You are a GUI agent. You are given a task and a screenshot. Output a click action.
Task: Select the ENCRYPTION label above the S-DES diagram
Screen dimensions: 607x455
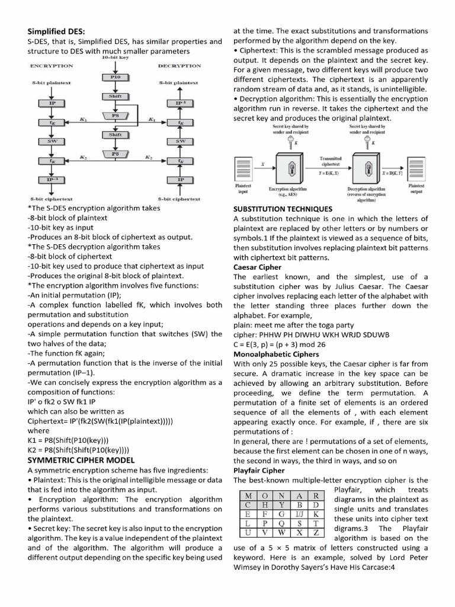pyautogui.click(x=51, y=66)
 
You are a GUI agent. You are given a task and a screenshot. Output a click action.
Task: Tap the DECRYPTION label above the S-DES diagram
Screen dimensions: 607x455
pyautogui.click(x=180, y=66)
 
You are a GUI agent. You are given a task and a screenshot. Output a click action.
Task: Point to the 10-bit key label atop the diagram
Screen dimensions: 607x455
pyautogui.click(x=116, y=58)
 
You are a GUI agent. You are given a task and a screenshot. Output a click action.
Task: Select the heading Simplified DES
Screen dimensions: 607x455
pyautogui.click(x=56, y=31)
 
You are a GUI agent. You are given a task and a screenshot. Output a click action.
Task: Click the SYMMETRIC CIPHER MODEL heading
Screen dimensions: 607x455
pyautogui.click(x=81, y=459)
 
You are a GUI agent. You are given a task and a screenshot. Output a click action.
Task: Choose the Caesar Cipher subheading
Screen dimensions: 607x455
pyautogui.click(x=258, y=267)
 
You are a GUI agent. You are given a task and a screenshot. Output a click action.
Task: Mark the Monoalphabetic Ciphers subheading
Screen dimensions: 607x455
pyautogui.click(x=276, y=354)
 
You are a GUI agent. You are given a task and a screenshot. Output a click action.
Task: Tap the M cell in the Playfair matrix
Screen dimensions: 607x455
pyautogui.click(x=244, y=495)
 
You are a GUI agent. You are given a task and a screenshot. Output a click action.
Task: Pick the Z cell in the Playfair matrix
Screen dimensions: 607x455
pyautogui.click(x=317, y=533)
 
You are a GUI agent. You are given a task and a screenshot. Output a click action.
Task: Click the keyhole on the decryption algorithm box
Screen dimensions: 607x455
pyautogui.click(x=366, y=169)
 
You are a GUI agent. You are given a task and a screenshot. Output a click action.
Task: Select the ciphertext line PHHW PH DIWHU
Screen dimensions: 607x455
pyautogui.click(x=312, y=334)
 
